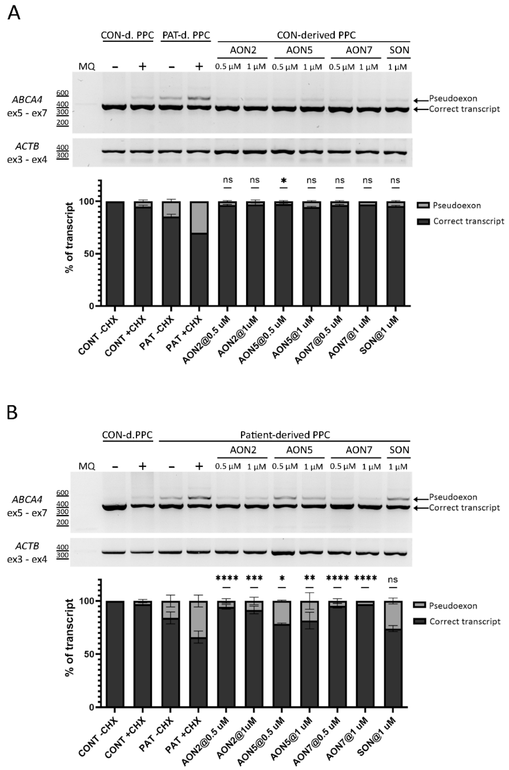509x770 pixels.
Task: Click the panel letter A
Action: [x=14, y=13]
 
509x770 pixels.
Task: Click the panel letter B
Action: [x=13, y=412]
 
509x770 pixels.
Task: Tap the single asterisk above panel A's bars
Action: [x=284, y=180]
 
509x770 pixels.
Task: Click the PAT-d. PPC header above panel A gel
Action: [x=186, y=35]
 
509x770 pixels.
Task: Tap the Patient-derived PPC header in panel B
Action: [x=285, y=435]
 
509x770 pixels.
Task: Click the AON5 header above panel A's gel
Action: [x=299, y=50]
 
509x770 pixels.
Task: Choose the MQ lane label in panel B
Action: [x=87, y=466]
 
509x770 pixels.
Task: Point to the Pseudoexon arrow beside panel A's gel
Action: [x=421, y=100]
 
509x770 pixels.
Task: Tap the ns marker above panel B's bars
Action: [x=393, y=580]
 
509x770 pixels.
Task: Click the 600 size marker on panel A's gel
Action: [x=62, y=93]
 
